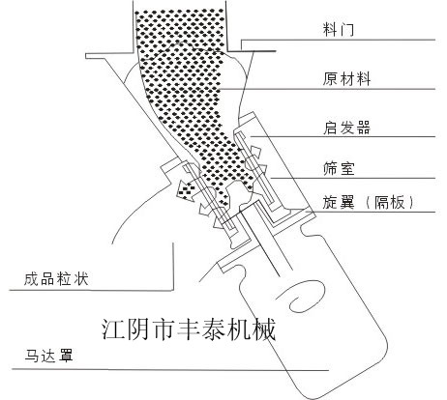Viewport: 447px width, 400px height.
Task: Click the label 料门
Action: pyautogui.click(x=339, y=29)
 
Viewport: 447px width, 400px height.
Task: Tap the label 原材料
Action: pyautogui.click(x=346, y=79)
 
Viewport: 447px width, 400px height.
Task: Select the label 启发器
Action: pyautogui.click(x=346, y=128)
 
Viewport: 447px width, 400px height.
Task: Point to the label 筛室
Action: pyautogui.click(x=339, y=169)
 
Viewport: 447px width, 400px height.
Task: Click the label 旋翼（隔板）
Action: pyautogui.click(x=368, y=203)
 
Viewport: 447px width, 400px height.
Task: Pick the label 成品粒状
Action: pyautogui.click(x=56, y=279)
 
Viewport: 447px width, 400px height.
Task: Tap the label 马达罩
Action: pyautogui.click(x=48, y=356)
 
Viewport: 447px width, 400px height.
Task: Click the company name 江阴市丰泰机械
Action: pyautogui.click(x=189, y=329)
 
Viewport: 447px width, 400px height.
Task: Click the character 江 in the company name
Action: pyautogui.click(x=113, y=329)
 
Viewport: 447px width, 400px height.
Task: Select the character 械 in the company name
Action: pyautogui.click(x=264, y=329)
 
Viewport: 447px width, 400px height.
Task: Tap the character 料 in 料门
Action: pyautogui.click(x=330, y=29)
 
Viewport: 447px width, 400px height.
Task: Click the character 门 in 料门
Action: pyautogui.click(x=347, y=30)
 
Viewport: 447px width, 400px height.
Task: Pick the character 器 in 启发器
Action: pyautogui.click(x=363, y=128)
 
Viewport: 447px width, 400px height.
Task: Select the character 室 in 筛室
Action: pyautogui.click(x=347, y=169)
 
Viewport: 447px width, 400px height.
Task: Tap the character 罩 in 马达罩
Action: pyautogui.click(x=66, y=356)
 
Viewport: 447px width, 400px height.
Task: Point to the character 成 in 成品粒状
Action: pyautogui.click(x=31, y=279)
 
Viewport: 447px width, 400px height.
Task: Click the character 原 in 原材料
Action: pyautogui.click(x=330, y=79)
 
